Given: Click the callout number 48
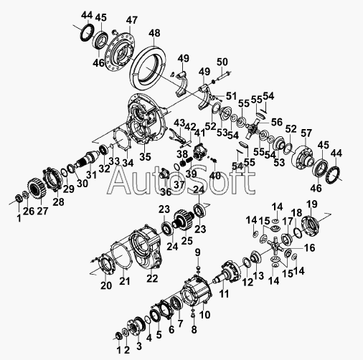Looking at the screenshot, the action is click(154, 33).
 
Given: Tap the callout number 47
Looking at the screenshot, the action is click(132, 20).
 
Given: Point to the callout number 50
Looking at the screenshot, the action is click(222, 62).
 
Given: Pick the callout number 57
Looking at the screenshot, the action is click(306, 133).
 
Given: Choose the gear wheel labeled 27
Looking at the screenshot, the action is click(37, 189).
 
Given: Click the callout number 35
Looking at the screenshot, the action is click(146, 157).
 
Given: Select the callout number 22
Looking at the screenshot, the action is click(152, 278).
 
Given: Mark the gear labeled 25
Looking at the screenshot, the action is click(183, 219).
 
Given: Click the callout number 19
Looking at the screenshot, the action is click(312, 204).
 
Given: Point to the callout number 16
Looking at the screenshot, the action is click(310, 248).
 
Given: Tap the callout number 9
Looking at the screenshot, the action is click(197, 252).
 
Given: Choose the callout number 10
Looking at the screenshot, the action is click(205, 315).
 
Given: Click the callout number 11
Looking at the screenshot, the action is click(224, 294).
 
